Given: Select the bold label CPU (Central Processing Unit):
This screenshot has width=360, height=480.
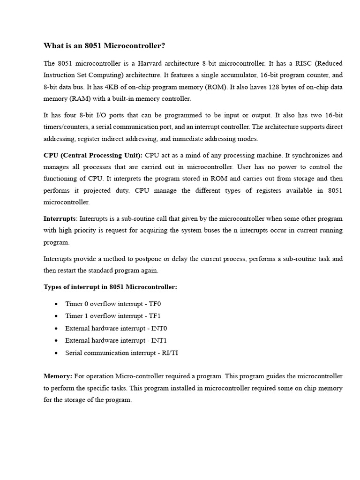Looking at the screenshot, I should click(93, 155).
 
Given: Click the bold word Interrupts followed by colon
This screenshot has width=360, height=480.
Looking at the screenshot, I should click(60, 218).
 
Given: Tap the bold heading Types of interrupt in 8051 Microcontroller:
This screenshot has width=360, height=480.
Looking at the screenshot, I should click(110, 287).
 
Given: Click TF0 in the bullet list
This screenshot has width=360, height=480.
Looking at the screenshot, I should click(155, 304).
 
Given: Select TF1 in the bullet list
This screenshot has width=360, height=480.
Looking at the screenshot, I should click(155, 316).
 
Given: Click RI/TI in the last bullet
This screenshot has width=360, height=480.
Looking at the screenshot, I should click(170, 352).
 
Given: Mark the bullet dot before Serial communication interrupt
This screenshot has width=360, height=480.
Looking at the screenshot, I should click(56, 353).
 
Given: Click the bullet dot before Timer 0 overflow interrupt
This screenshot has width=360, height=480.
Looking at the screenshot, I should click(56, 304).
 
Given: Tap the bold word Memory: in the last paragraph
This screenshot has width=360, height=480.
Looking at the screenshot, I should click(58, 376).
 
